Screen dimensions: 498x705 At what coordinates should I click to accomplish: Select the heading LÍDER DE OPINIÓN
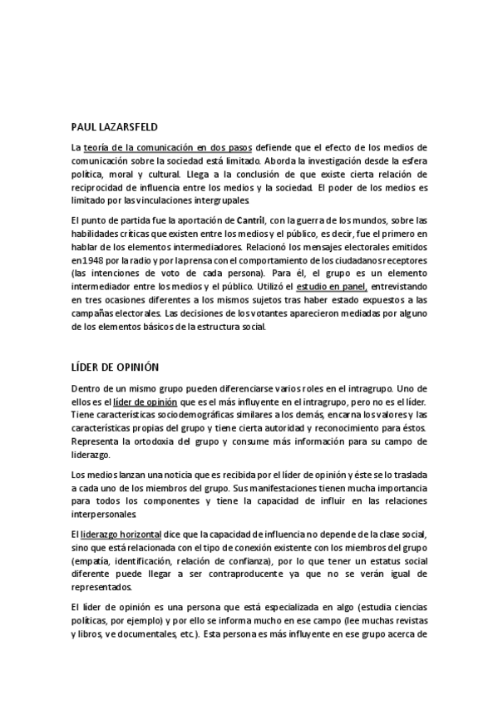115,366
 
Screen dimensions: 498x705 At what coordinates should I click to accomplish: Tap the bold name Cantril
251,219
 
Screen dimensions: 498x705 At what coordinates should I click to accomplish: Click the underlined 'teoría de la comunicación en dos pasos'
168,147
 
